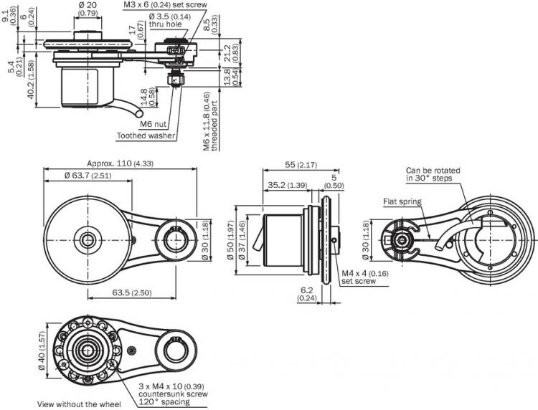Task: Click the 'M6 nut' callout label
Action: (153, 124)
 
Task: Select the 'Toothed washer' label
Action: (146, 135)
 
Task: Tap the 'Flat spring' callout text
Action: (402, 201)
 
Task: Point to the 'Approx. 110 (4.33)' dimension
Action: (120, 163)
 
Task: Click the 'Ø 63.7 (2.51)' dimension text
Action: (88, 176)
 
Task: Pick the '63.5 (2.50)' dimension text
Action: (132, 292)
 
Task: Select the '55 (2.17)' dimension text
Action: (301, 165)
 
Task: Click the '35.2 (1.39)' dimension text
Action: (288, 185)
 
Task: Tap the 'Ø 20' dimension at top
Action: (88, 9)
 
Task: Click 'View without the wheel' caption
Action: (79, 404)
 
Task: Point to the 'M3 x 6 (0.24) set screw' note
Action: (165, 5)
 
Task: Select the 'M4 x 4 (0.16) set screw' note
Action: (364, 277)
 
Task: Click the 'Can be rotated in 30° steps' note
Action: (433, 174)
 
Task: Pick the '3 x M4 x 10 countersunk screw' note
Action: (173, 394)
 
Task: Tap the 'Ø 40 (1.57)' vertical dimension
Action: (42, 351)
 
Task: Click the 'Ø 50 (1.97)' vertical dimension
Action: (231, 239)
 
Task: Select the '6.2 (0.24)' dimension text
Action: (307, 294)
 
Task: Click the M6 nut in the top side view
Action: (175, 80)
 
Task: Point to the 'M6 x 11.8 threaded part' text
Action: (210, 121)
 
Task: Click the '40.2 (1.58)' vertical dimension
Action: (32, 80)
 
